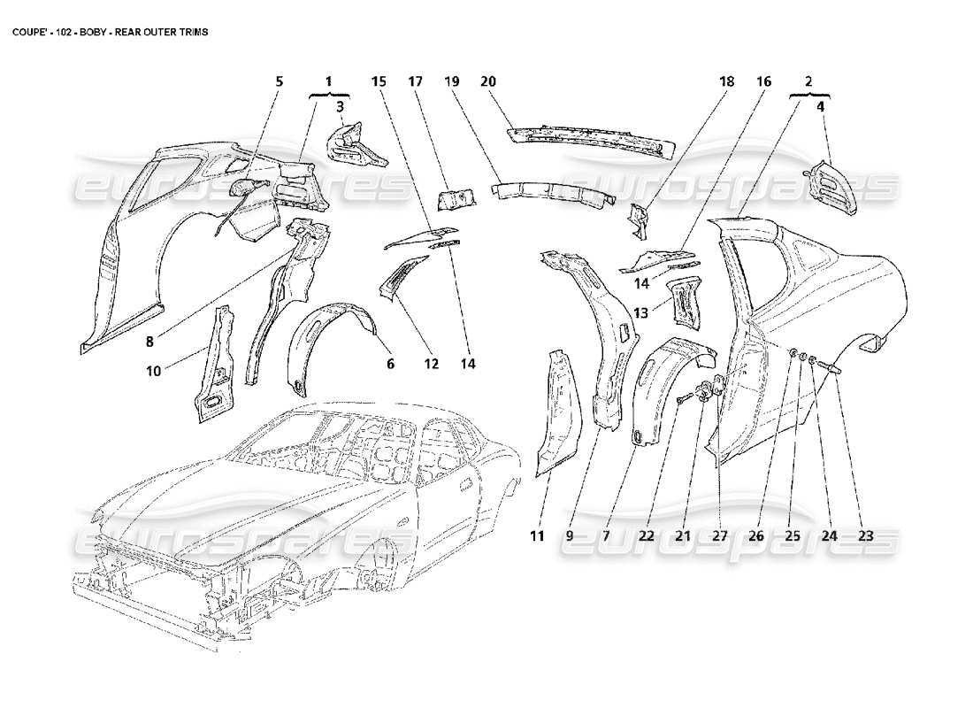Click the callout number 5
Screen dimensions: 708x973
click(x=279, y=81)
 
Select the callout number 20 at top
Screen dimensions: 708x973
click(x=487, y=81)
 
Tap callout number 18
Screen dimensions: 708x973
click(x=726, y=81)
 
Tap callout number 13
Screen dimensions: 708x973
click(x=642, y=312)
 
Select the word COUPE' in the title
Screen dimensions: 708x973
click(x=27, y=32)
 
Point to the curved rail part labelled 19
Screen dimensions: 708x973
click(x=548, y=193)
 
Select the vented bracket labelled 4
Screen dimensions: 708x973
click(x=835, y=186)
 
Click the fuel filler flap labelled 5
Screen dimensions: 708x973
click(x=243, y=188)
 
